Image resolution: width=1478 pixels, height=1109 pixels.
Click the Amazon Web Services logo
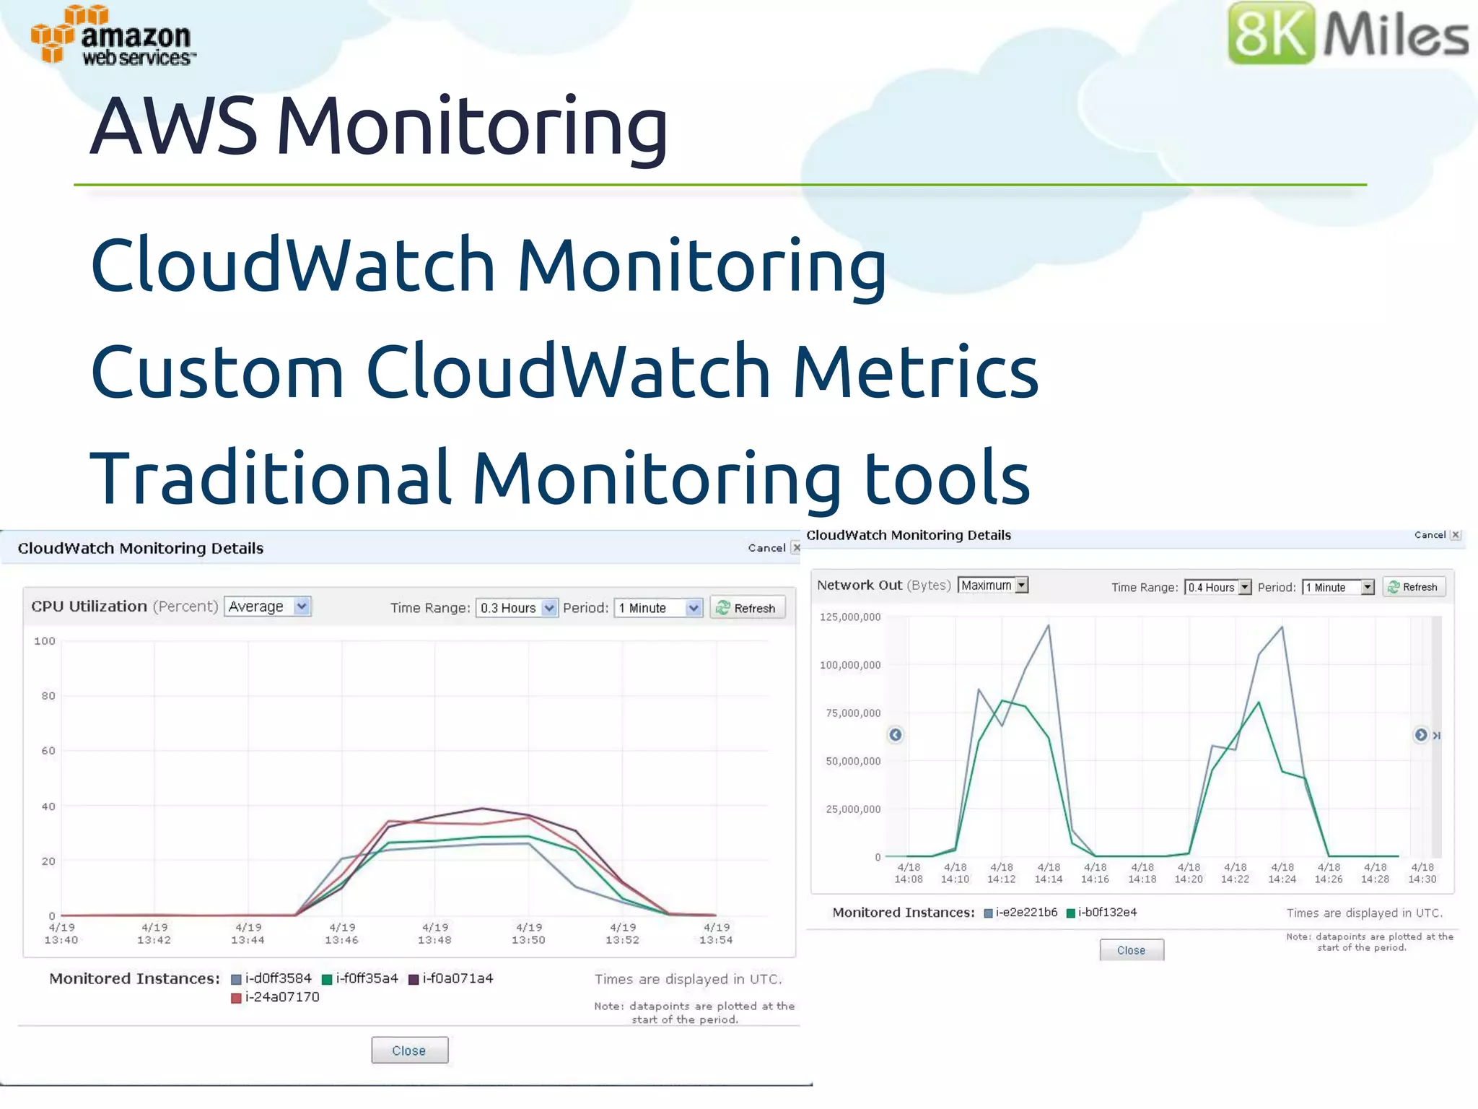[x=113, y=36]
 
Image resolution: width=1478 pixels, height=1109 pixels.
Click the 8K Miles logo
[x=1347, y=33]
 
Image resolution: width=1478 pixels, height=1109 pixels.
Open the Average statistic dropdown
[x=267, y=606]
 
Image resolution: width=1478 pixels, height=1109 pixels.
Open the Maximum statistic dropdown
[x=993, y=586]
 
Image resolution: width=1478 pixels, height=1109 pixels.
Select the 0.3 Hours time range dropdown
[x=517, y=608]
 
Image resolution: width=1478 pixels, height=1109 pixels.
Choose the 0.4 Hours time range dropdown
[x=1218, y=587]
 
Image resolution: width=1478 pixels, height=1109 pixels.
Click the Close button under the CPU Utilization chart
[x=409, y=1051]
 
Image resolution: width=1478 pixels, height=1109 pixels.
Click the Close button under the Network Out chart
[x=1131, y=950]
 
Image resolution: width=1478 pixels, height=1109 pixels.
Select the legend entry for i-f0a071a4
[x=451, y=978]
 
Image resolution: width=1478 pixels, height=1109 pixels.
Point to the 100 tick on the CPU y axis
[x=45, y=641]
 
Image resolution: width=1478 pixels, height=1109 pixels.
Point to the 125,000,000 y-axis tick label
[x=850, y=617]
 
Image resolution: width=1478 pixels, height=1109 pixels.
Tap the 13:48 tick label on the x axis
[x=434, y=934]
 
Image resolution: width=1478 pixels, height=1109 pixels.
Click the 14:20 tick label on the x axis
[x=1189, y=873]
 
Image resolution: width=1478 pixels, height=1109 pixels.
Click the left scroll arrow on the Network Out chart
[x=896, y=735]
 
